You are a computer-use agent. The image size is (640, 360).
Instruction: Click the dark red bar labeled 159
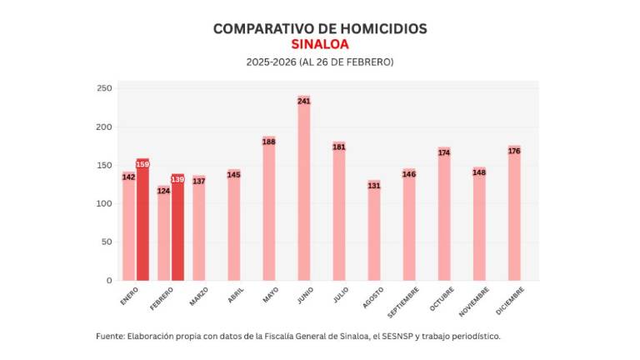142,221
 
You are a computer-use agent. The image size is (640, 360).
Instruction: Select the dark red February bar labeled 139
177,228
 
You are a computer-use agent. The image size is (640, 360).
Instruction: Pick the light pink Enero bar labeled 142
128,227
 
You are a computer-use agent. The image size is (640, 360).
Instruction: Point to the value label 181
339,147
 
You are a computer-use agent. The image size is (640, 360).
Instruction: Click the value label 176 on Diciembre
514,151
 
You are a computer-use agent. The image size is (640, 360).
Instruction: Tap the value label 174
444,152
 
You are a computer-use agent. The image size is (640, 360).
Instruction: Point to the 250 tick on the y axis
104,88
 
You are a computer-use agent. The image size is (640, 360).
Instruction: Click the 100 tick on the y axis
104,203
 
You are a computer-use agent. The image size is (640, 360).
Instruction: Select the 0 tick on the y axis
108,281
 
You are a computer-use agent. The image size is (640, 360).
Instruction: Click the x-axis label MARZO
198,296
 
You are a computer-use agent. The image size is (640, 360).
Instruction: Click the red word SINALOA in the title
320,44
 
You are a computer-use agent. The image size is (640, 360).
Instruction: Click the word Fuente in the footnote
109,337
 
